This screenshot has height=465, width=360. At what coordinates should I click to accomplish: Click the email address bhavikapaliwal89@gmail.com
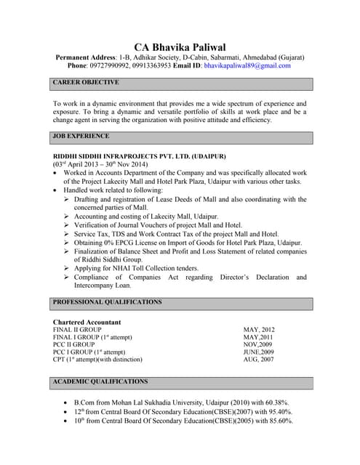(247, 65)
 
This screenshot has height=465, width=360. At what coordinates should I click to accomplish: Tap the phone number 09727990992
(112, 65)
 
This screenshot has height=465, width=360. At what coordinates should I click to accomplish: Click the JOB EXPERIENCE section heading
(78, 136)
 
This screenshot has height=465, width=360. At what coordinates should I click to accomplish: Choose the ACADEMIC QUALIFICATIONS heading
(100, 381)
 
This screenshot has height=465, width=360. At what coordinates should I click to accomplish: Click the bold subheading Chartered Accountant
(87, 322)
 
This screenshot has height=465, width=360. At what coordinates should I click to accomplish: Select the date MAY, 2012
(259, 330)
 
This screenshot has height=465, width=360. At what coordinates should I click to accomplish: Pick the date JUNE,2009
(260, 352)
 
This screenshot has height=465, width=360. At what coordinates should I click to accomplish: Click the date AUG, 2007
(258, 360)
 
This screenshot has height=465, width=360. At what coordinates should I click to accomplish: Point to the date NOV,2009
(258, 344)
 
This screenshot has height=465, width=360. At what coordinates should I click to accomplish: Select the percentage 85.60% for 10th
(279, 421)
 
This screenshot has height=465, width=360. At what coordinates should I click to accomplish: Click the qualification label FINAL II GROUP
(77, 330)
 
